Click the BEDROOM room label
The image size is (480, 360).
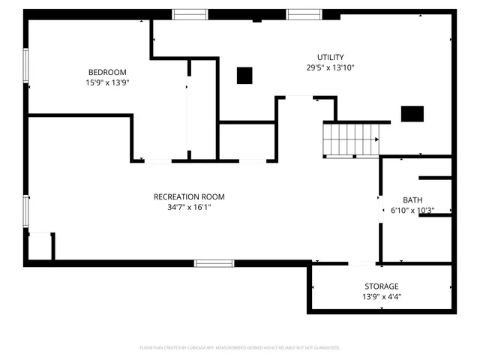coord(108,72)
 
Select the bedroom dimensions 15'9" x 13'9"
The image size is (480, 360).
coord(108,82)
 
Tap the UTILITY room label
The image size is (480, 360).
coord(330,57)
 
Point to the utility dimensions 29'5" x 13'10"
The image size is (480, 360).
coord(330,67)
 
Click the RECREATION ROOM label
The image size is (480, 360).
coord(189,196)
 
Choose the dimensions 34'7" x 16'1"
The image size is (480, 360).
coord(189,207)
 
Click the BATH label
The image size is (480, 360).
coord(412,199)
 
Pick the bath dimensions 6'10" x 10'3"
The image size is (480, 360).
coord(412,211)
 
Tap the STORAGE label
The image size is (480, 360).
coord(382,286)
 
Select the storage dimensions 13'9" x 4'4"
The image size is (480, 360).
coord(382,297)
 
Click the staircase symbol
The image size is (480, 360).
coord(352,139)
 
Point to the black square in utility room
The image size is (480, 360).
coord(244,75)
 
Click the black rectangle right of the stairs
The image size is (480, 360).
coord(412,113)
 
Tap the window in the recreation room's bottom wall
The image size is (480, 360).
coord(214,263)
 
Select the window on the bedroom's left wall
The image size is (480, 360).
coord(25,65)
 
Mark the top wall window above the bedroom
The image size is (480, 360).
coord(190,13)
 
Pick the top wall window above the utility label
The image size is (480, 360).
coord(304,13)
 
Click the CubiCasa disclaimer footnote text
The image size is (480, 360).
coord(240,348)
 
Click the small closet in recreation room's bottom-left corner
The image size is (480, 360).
coord(40,247)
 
